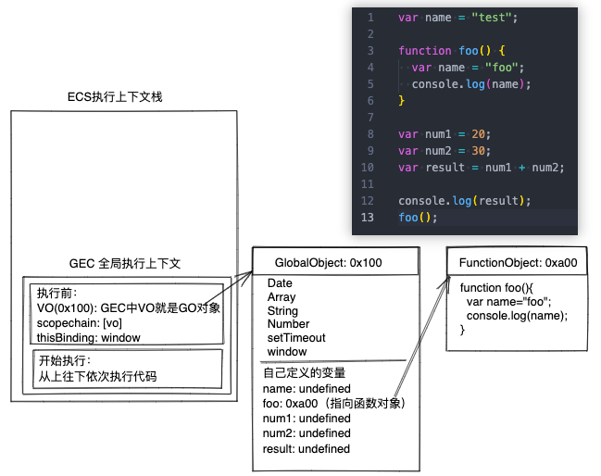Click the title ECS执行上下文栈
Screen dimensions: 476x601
[x=115, y=97]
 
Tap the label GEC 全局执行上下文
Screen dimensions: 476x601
[x=124, y=264]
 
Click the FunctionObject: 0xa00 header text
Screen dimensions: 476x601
[x=519, y=263]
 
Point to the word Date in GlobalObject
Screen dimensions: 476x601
[x=280, y=283]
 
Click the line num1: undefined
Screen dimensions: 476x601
[x=307, y=419]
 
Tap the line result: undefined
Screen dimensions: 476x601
[x=307, y=449]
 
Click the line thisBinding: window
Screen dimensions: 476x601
[x=89, y=338]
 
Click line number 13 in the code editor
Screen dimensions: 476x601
[x=369, y=218]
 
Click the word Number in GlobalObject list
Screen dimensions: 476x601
[x=288, y=324]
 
